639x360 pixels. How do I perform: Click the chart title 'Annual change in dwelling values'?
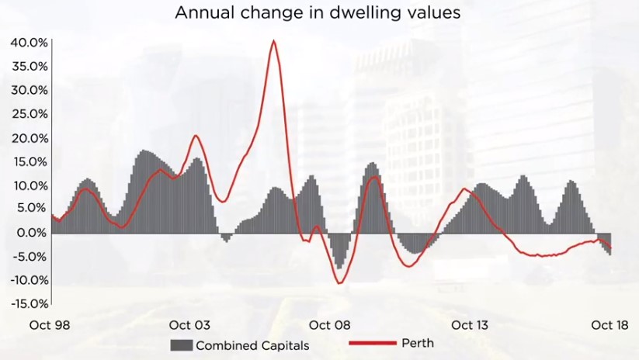(318, 13)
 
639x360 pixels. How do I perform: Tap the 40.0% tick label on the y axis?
(30, 42)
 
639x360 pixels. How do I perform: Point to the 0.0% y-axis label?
(32, 233)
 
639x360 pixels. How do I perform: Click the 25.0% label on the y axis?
(30, 114)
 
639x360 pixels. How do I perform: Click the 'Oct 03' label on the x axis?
(189, 325)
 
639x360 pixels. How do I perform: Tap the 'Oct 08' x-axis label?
(329, 325)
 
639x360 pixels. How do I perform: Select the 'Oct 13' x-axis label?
(469, 325)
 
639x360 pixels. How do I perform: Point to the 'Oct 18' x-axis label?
(608, 325)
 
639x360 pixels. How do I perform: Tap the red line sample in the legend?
(372, 343)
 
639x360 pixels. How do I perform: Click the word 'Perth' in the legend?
(418, 343)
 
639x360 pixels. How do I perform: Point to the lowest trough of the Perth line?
(339, 282)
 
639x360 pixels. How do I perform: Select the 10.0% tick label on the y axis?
(30, 185)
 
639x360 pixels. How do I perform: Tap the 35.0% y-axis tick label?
(30, 66)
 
